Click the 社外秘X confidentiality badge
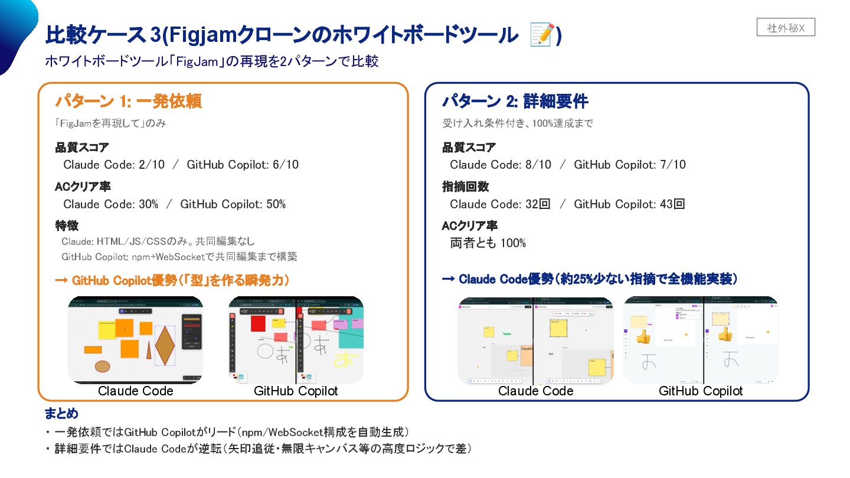click(786, 27)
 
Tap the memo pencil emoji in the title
click(541, 35)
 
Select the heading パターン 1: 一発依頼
click(129, 102)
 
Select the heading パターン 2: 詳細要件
click(515, 102)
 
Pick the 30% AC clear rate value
click(148, 204)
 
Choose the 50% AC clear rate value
click(274, 204)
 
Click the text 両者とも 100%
click(488, 243)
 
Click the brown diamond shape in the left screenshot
click(165, 344)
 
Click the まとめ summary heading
click(61, 413)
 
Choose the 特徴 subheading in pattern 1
click(67, 225)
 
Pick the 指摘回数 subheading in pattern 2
click(466, 186)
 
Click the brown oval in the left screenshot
click(103, 366)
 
